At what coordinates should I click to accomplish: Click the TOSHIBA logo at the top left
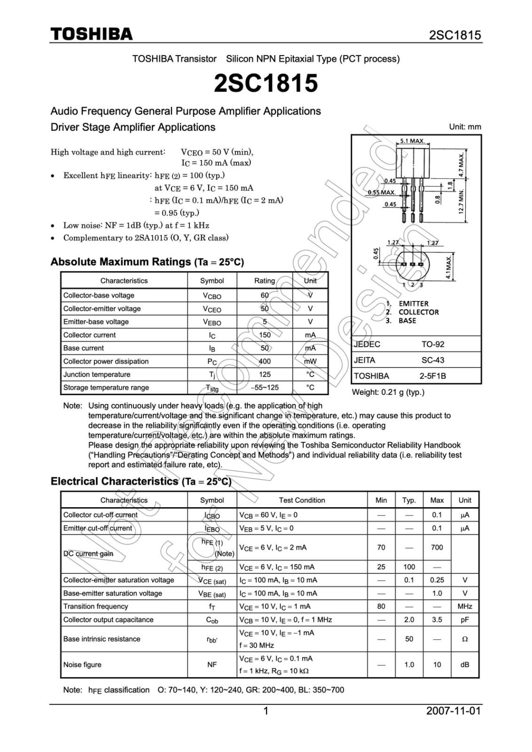click(x=92, y=34)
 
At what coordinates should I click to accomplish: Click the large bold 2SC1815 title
click(x=266, y=83)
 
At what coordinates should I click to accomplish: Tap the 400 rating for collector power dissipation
click(x=265, y=361)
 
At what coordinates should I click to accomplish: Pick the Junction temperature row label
click(x=97, y=375)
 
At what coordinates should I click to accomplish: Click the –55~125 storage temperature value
click(x=265, y=388)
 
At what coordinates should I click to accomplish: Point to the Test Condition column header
click(x=302, y=500)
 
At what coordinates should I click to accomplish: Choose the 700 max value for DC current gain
click(x=437, y=547)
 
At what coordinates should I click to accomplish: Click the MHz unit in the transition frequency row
click(x=464, y=606)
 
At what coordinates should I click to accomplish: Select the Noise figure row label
click(x=82, y=665)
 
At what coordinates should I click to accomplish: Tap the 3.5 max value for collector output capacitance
click(x=437, y=619)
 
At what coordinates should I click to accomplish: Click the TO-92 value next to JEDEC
click(x=432, y=344)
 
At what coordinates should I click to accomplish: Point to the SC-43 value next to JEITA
click(x=432, y=360)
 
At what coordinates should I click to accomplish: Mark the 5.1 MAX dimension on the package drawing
click(x=412, y=141)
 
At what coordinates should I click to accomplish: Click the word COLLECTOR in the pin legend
click(x=418, y=312)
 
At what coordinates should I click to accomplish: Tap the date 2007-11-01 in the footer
click(x=454, y=711)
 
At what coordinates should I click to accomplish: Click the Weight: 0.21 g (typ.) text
click(x=388, y=392)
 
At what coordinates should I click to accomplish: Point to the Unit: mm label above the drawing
click(x=465, y=127)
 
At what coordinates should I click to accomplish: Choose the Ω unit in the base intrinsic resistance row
click(x=464, y=639)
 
